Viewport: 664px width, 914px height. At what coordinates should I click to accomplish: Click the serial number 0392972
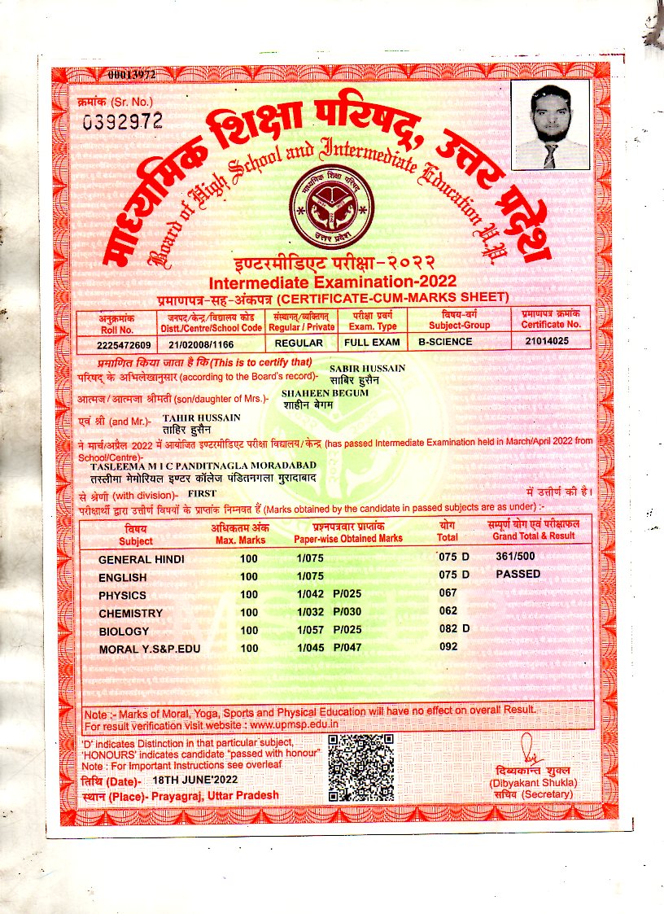coord(123,121)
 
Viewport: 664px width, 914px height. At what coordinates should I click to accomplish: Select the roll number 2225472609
coord(124,343)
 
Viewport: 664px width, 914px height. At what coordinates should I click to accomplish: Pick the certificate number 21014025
coord(546,343)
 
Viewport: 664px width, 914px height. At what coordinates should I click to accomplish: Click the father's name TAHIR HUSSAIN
coord(202,418)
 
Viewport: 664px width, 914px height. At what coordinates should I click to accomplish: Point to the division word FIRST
coord(203,494)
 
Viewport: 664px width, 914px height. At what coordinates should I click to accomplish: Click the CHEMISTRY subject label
coord(130,613)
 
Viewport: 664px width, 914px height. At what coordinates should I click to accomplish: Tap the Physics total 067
coord(448,593)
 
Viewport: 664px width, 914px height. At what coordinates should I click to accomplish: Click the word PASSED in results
coord(518,574)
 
